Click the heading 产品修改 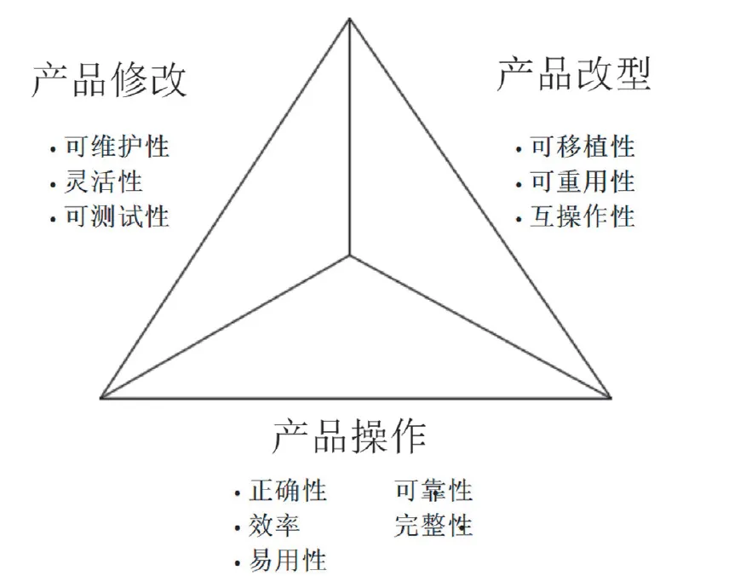pyautogui.click(x=109, y=81)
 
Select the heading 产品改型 pyautogui.click(x=574, y=75)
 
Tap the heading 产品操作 pyautogui.click(x=350, y=436)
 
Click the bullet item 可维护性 pyautogui.click(x=118, y=147)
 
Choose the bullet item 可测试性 pyautogui.click(x=118, y=216)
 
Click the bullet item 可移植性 pyautogui.click(x=583, y=147)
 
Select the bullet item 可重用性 pyautogui.click(x=583, y=181)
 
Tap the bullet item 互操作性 pyautogui.click(x=583, y=216)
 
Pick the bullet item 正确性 pyautogui.click(x=288, y=492)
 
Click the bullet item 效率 pyautogui.click(x=274, y=526)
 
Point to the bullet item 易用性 pyautogui.click(x=288, y=561)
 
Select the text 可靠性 pyautogui.click(x=433, y=492)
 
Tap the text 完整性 pyautogui.click(x=433, y=526)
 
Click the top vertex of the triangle pyautogui.click(x=349, y=18)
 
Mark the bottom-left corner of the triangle pyautogui.click(x=102, y=397)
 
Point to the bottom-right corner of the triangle pyautogui.click(x=611, y=397)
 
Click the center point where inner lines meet pyautogui.click(x=349, y=255)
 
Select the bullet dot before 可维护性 pyautogui.click(x=54, y=149)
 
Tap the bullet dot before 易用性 pyautogui.click(x=237, y=563)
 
